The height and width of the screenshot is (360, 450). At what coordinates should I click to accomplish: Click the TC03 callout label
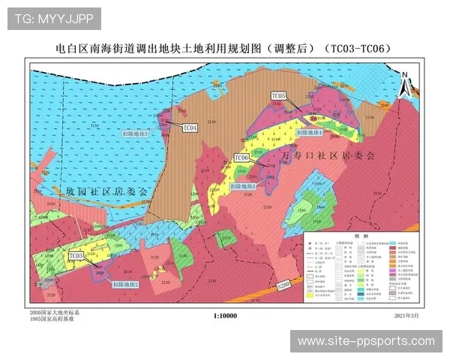click(76, 256)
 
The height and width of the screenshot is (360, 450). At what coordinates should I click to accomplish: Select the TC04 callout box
click(190, 128)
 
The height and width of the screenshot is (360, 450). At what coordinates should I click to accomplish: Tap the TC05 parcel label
click(279, 96)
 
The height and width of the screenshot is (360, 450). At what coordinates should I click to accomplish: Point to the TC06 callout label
click(241, 157)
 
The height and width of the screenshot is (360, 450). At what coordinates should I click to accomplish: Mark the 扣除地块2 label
click(126, 284)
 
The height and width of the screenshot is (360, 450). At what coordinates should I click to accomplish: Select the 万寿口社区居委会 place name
click(327, 154)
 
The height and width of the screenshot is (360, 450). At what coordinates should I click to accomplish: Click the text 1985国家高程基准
click(52, 319)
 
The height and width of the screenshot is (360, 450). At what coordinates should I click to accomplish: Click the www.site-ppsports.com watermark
click(366, 341)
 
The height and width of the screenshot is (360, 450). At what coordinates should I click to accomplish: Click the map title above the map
click(224, 49)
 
